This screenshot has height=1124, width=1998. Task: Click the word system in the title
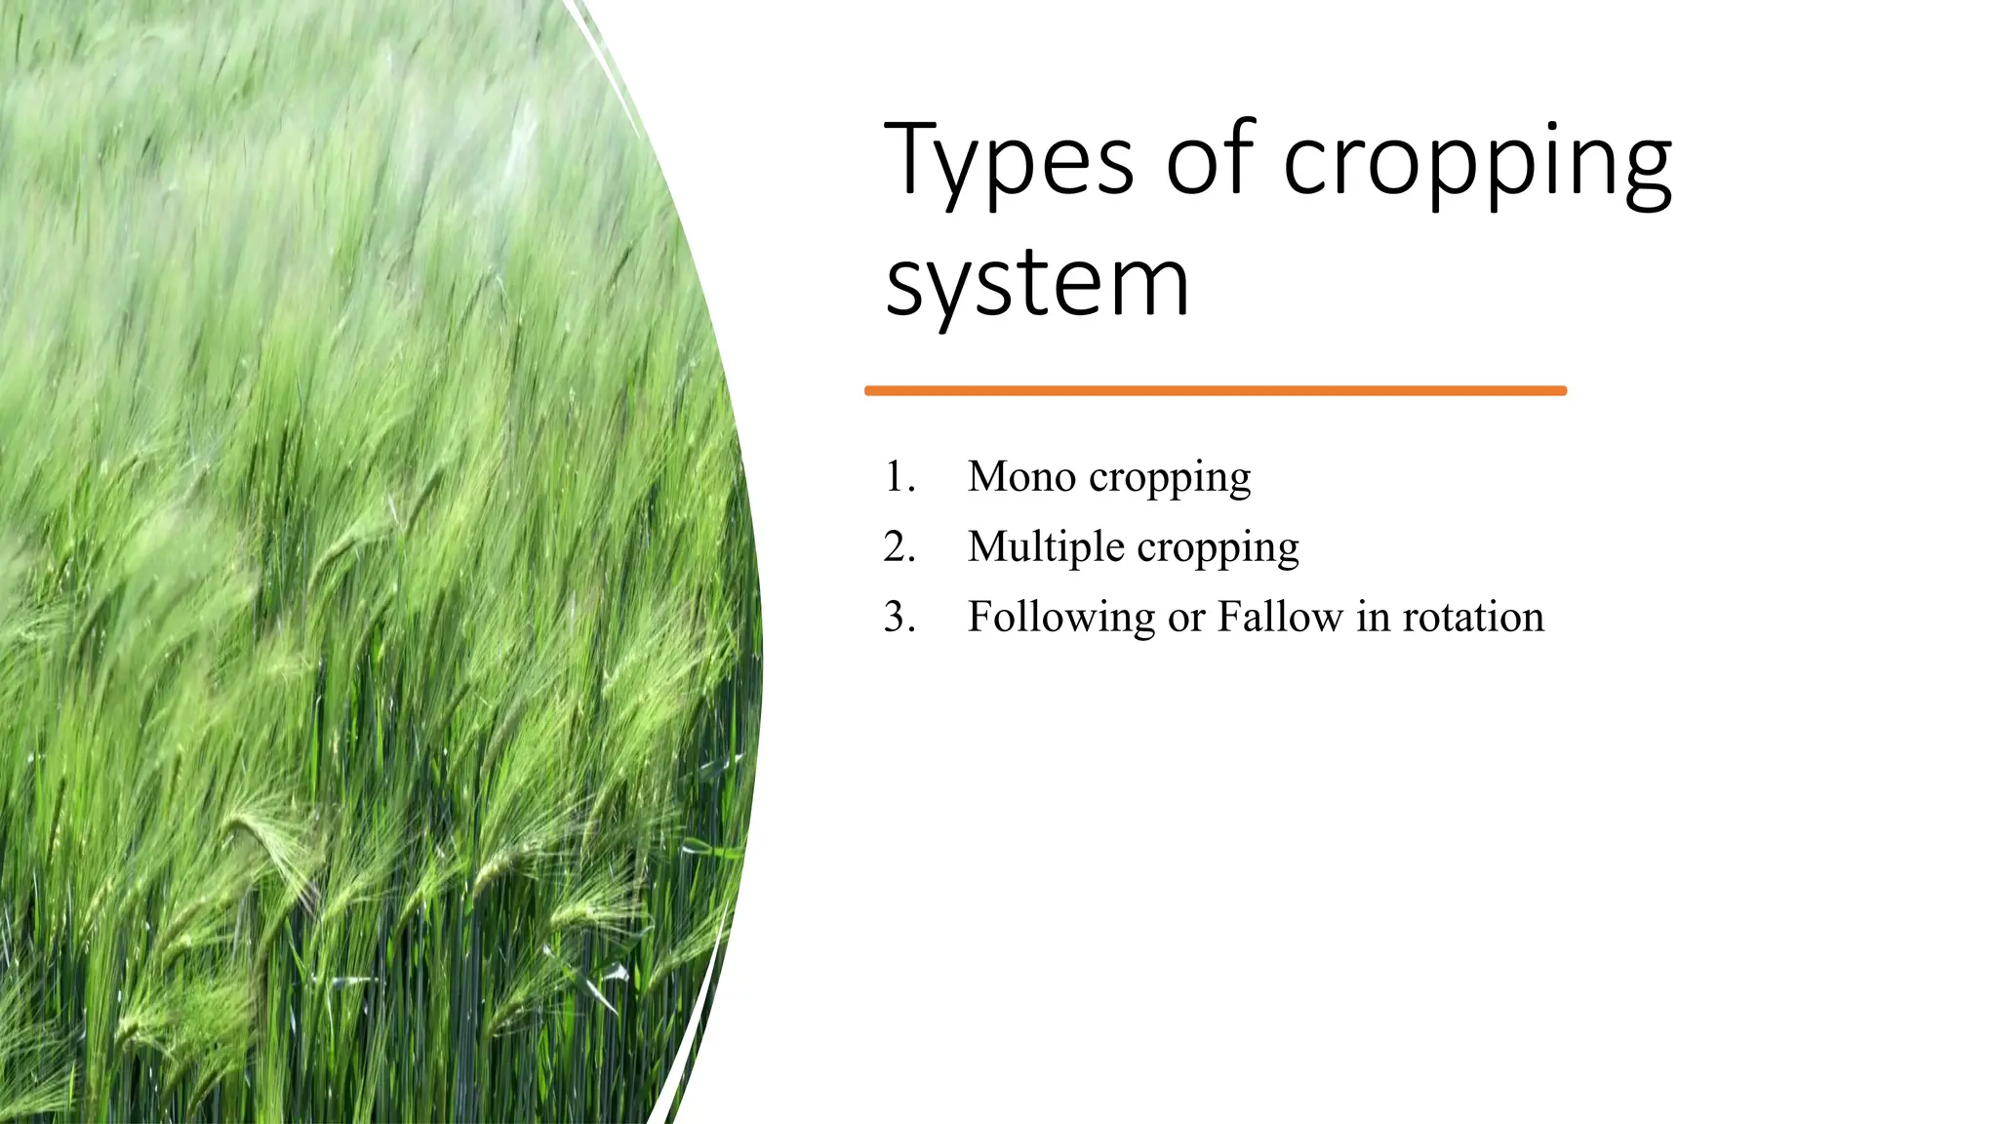click(x=1037, y=284)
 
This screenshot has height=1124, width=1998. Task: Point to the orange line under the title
click(x=1215, y=391)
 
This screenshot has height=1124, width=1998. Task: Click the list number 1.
click(x=899, y=477)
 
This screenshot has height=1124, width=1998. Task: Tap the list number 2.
click(x=899, y=547)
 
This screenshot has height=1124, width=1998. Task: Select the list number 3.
click(x=899, y=618)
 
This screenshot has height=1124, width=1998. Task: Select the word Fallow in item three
click(x=1280, y=618)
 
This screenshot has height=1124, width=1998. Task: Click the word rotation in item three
click(x=1473, y=618)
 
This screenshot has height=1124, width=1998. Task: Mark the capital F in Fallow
click(x=1229, y=617)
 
